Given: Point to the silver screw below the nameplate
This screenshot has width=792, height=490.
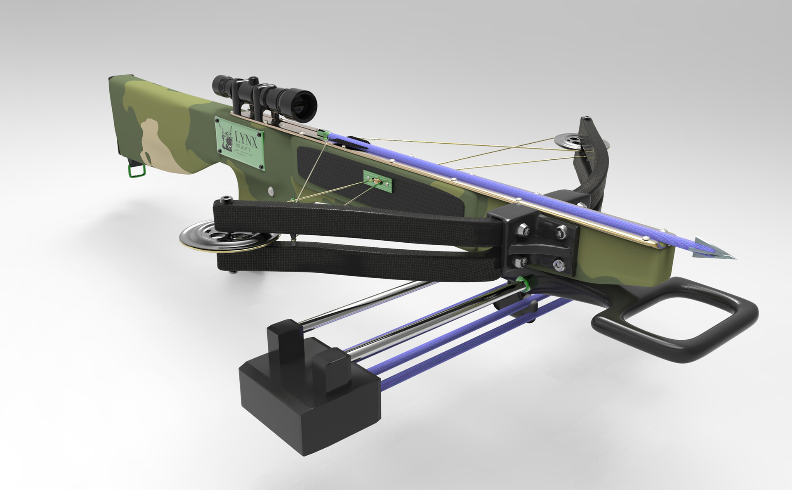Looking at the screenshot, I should tap(270, 191).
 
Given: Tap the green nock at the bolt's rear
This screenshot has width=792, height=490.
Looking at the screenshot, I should tap(323, 134).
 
